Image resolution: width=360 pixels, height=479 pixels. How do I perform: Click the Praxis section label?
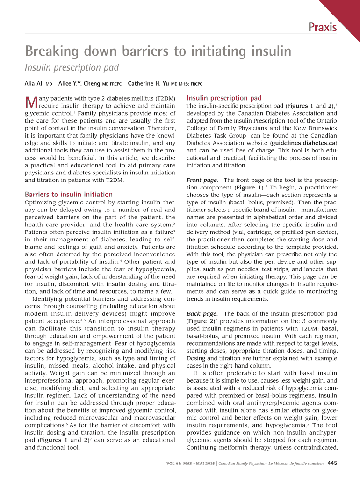[322, 28]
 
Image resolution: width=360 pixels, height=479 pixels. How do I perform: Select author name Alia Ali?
[35, 84]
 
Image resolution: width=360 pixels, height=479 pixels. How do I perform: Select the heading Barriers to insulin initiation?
[69, 194]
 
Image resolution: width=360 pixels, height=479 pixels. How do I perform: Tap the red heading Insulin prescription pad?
[224, 98]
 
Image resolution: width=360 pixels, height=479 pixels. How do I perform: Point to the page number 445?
[332, 464]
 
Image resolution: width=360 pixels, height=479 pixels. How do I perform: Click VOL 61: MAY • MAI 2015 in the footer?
[190, 464]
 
